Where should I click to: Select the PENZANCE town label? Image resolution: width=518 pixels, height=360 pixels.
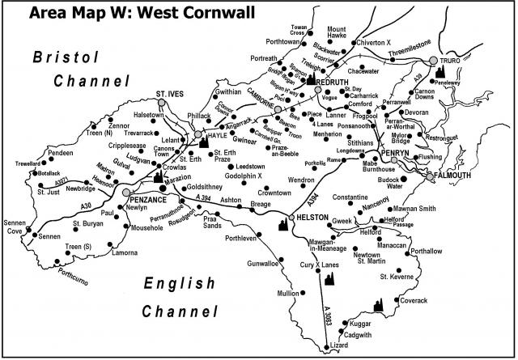153,198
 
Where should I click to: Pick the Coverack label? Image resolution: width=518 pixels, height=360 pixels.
413,300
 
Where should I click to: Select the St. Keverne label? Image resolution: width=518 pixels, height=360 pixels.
397,277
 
